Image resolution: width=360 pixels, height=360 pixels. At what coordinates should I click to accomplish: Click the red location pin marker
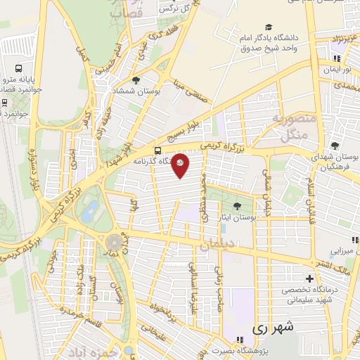181,165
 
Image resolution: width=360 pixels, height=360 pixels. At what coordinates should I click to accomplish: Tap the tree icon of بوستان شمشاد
136,80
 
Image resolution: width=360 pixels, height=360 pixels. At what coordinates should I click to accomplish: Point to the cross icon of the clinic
309,279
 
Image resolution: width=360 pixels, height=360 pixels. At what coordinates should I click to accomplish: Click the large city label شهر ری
269,328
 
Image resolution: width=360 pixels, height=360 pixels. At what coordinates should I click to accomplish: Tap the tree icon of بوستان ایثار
236,206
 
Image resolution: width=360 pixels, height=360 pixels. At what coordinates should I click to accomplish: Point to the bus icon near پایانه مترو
18,70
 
